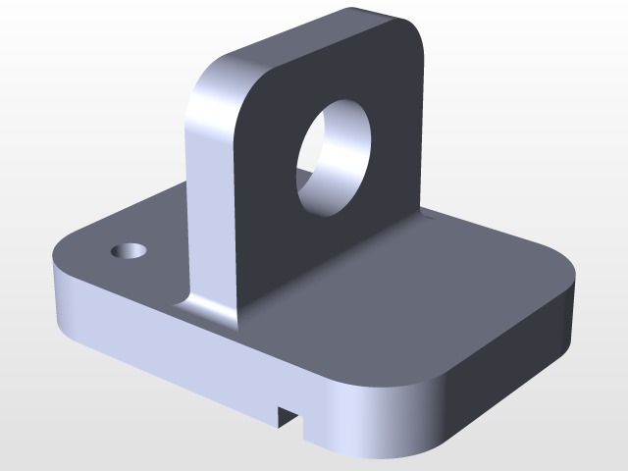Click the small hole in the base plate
tap(130, 250)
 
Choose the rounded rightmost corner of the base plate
tap(567, 280)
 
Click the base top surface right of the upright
tap(412, 294)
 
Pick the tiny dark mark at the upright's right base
tap(426, 210)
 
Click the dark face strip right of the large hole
tap(397, 147)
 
